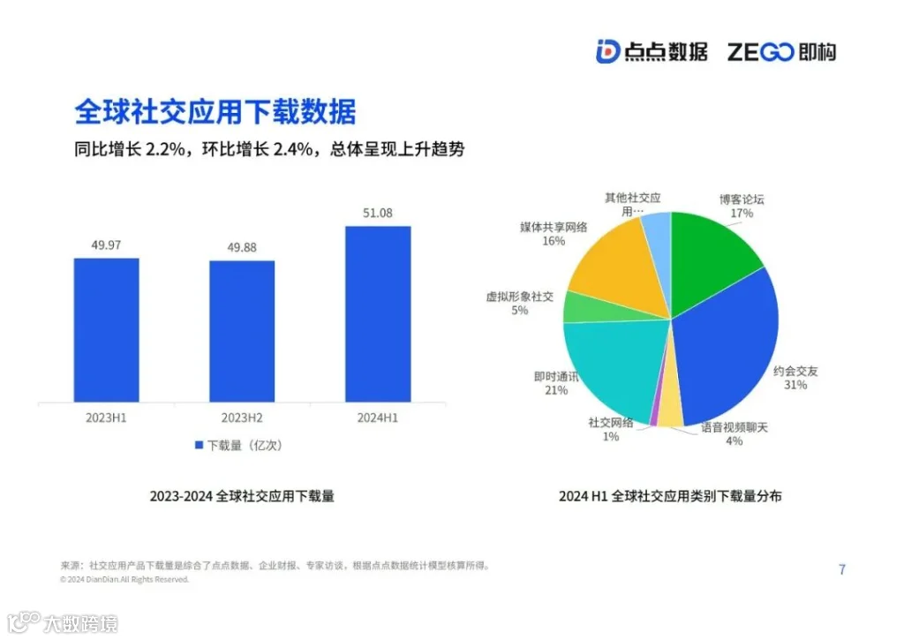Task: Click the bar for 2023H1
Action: coord(106,330)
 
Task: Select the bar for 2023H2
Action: coord(242,332)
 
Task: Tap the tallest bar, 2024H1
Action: coord(378,314)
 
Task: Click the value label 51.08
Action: coord(378,213)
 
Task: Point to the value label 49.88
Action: coord(242,247)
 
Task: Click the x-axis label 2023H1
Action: coord(106,418)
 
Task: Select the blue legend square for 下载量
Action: coord(199,446)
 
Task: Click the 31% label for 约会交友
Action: coord(795,385)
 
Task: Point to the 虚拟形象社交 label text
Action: coord(519,297)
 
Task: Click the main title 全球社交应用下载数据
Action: coord(215,112)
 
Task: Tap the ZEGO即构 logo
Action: coord(781,51)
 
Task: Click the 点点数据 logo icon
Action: coord(607,51)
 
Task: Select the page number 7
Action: coord(841,570)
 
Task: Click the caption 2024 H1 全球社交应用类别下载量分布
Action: coord(670,497)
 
